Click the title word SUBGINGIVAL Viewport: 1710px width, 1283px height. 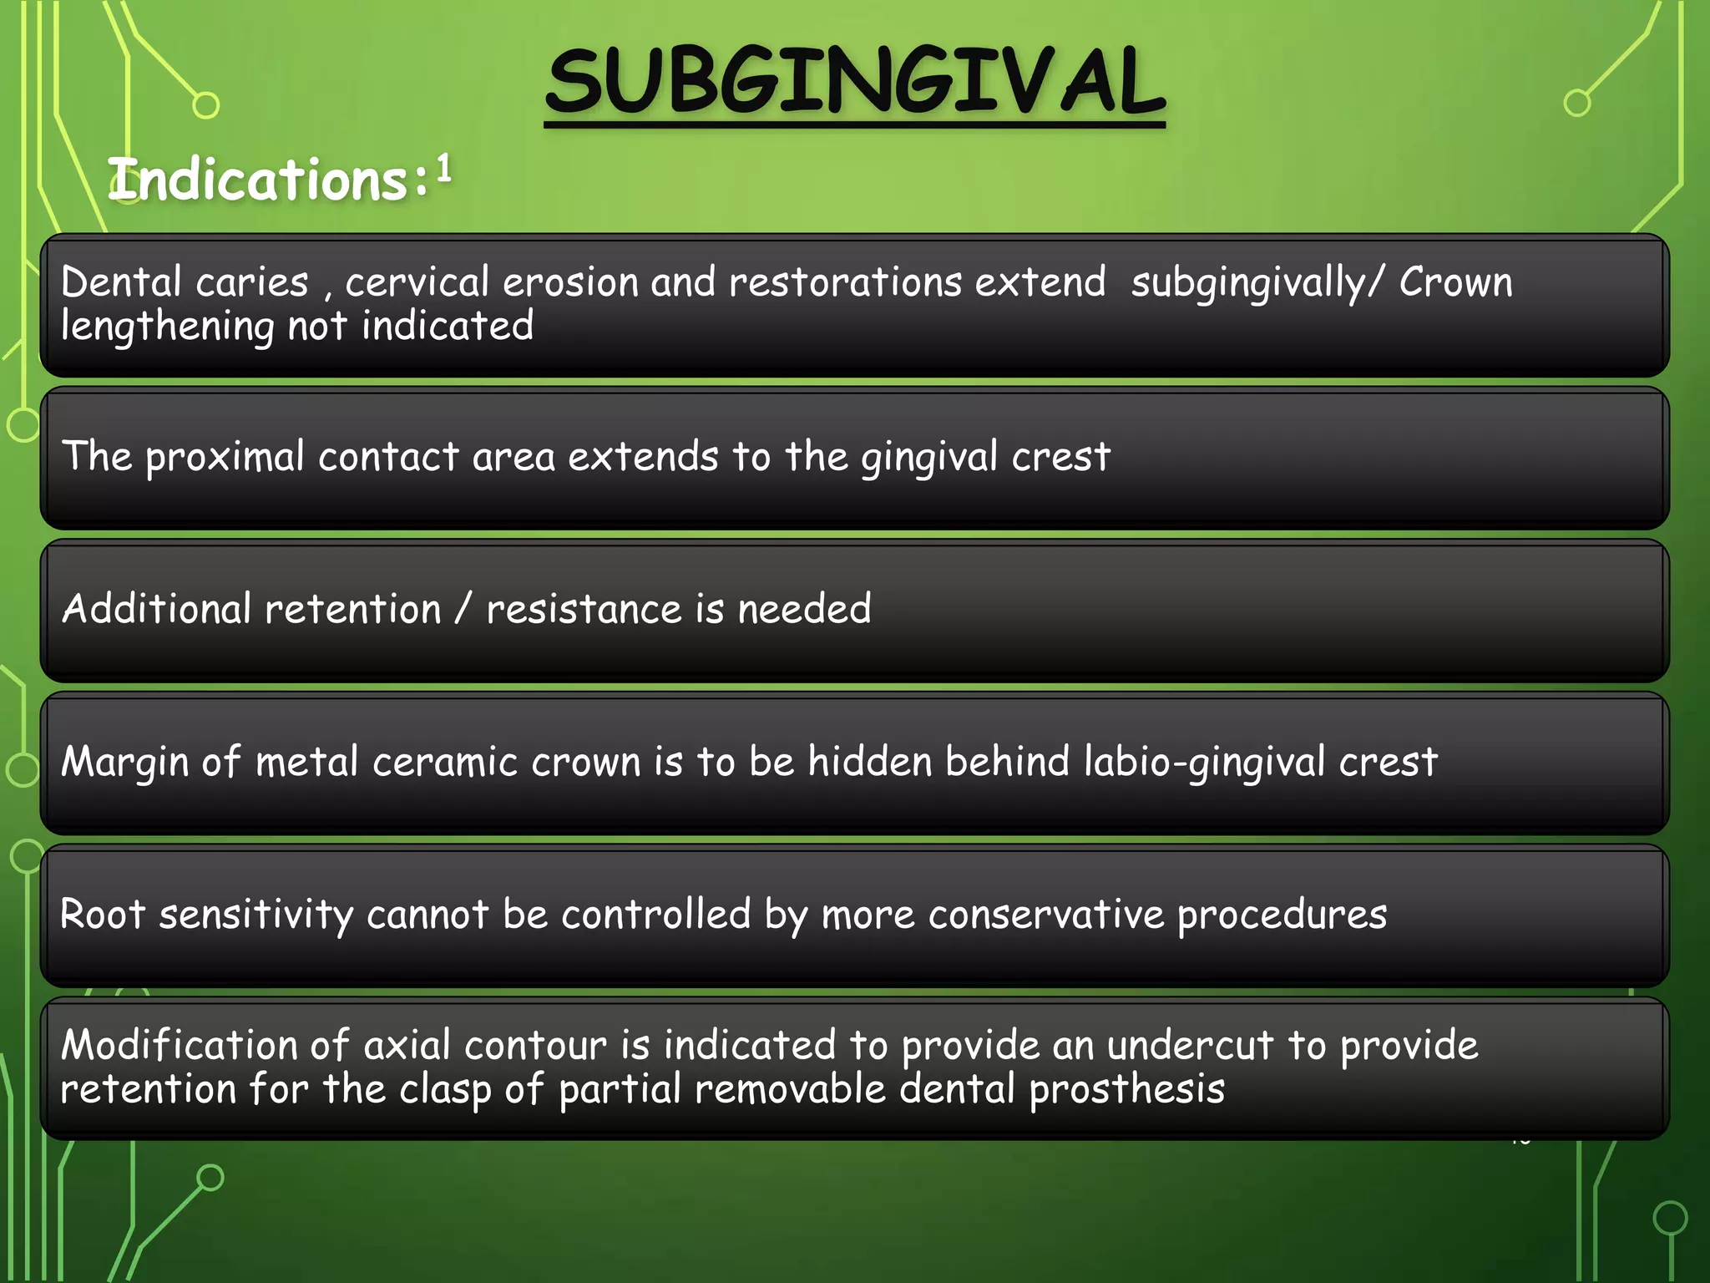pos(854,82)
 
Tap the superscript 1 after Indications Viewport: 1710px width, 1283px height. pos(443,168)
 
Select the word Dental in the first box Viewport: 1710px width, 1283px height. pos(121,282)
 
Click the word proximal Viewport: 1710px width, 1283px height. pos(225,458)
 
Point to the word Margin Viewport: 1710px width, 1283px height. pos(124,763)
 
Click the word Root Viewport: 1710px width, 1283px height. pos(103,914)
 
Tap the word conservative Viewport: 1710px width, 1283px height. pos(1045,915)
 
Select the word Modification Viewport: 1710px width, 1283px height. pos(179,1045)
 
